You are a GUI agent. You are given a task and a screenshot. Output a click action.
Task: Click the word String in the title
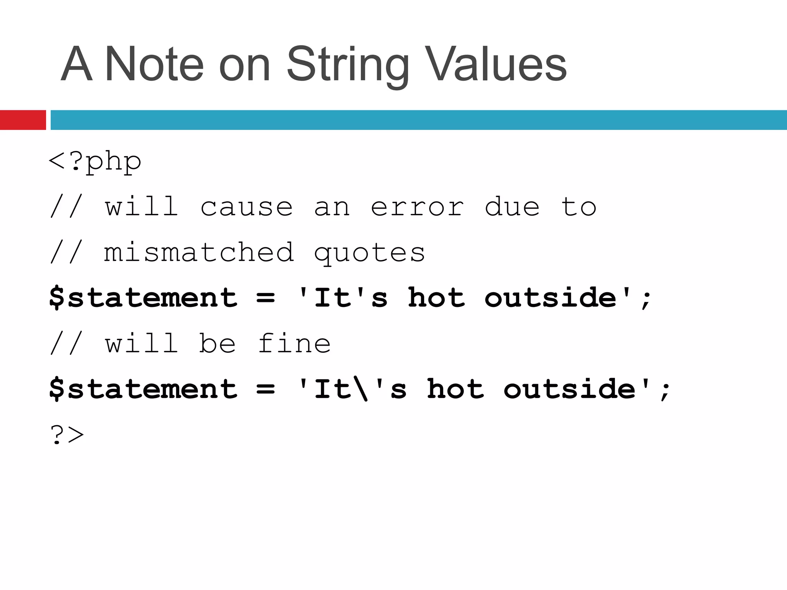point(347,65)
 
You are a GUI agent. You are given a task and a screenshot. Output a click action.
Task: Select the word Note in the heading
point(154,65)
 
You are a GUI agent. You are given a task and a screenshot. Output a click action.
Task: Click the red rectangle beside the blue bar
point(23,120)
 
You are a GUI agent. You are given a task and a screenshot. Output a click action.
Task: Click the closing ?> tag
point(67,435)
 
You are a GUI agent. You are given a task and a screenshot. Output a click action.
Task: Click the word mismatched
point(199,253)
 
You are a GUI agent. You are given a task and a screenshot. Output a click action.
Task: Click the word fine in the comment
point(294,343)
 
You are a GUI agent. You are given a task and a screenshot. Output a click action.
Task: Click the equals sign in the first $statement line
point(266,298)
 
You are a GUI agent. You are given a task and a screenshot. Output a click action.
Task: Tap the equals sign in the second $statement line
point(266,389)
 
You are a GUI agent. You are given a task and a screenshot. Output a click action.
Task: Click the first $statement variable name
point(143,298)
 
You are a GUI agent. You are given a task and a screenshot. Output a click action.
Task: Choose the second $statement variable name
point(143,389)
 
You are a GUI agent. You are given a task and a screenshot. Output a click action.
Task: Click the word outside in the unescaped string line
point(550,298)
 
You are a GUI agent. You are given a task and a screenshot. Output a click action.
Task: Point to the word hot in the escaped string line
point(455,389)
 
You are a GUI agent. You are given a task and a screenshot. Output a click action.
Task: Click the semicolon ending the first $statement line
point(646,300)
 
